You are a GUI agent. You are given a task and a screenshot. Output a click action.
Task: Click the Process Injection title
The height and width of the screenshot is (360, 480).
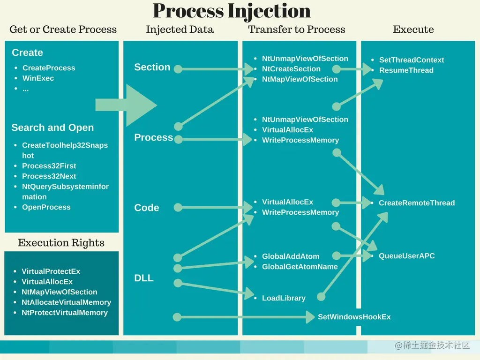pos(232,11)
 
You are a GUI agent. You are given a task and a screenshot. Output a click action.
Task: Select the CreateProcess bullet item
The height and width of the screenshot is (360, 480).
pos(49,68)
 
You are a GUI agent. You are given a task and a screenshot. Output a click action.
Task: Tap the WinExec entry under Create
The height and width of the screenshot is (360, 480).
pos(38,78)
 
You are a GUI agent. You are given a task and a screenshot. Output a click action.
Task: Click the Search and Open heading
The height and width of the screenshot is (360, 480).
pos(52,127)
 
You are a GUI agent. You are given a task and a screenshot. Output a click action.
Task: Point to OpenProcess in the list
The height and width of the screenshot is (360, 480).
pos(46,207)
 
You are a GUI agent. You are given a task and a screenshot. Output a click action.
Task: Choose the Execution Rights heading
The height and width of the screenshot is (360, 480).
pos(61,243)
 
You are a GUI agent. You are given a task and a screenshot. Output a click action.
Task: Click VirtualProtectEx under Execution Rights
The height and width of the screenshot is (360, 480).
pos(51,271)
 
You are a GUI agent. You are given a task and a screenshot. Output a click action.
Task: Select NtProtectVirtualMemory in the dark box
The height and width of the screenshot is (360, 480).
pos(64,313)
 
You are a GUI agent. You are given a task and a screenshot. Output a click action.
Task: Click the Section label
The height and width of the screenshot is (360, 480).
pos(152,67)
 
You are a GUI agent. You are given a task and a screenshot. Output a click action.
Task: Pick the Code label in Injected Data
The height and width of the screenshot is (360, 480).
pos(147,208)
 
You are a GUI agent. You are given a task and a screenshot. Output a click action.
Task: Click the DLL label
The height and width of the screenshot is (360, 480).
pos(144,278)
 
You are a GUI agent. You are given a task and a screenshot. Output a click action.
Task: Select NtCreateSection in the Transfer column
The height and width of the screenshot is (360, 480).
pos(291,69)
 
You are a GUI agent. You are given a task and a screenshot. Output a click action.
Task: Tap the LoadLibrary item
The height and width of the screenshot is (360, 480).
pos(284,298)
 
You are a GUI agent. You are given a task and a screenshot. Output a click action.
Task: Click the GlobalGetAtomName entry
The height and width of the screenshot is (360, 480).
pos(300,267)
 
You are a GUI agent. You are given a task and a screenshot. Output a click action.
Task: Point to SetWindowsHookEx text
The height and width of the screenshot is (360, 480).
pos(354,317)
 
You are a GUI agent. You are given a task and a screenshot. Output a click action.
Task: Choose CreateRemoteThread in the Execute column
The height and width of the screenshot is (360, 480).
pos(416,203)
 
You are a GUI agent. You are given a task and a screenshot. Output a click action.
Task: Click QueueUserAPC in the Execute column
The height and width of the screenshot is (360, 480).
pos(406,256)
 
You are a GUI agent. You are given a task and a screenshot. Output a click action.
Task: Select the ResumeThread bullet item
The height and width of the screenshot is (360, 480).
pos(406,70)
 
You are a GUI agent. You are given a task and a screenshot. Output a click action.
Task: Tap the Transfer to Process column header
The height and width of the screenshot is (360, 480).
pos(296,30)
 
